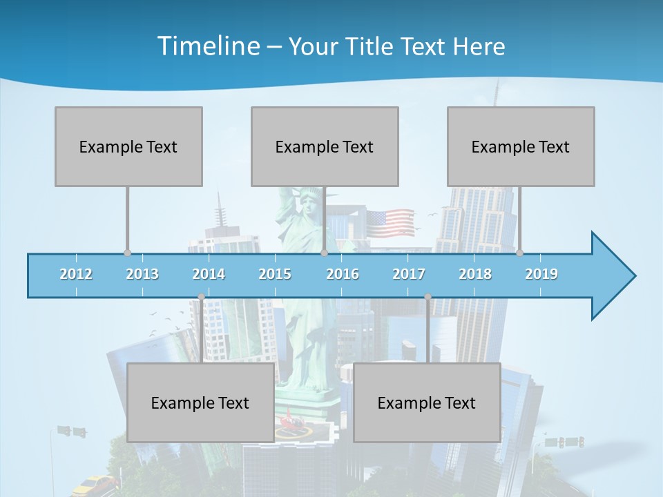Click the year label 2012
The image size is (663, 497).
76,274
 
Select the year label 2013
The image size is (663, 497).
142,274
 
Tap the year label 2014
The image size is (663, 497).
209,274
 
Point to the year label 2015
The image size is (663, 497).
275,274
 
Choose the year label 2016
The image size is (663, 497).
343,274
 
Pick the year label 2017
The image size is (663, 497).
409,274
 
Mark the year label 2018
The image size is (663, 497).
475,274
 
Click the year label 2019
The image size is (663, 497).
541,274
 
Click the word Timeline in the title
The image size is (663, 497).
207,46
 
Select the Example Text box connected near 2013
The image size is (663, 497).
128,146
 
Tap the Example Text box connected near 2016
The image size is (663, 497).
325,146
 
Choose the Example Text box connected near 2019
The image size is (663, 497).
521,146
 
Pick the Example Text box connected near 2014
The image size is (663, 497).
200,402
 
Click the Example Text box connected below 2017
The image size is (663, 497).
427,402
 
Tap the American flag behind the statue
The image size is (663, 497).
390,222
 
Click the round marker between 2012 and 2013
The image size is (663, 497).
127,253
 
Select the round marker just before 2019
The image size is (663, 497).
519,253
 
